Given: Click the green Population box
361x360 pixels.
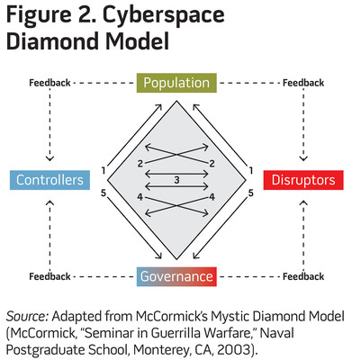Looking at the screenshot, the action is pos(176,83).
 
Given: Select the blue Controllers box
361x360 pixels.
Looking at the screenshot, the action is pos(50,180).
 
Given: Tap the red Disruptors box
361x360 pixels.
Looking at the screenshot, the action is pos(303,180).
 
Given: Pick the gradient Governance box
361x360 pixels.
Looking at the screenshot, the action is pos(176,276).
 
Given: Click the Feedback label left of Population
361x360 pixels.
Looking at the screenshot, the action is pos(50,83).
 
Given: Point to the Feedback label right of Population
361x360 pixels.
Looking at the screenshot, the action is pos(303,83).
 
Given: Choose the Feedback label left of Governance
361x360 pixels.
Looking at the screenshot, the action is pos(50,276).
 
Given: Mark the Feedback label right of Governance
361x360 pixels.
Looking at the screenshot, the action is pos(303,276).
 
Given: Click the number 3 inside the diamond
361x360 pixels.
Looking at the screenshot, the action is pos(176,180).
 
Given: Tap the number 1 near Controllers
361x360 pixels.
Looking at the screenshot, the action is pos(104,171).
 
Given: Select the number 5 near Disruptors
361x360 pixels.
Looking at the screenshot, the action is pos(251,193).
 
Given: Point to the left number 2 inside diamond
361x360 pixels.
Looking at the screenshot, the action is pos(140,164).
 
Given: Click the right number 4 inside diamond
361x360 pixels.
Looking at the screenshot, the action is pos(212,197).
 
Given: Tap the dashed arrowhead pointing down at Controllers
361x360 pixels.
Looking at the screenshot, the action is pos(50,158).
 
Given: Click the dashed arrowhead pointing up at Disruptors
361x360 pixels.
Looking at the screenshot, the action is pos(303,202).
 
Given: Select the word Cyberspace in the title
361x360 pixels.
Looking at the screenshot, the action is pos(164,15).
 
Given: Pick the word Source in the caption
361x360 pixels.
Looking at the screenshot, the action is pos(27,316).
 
